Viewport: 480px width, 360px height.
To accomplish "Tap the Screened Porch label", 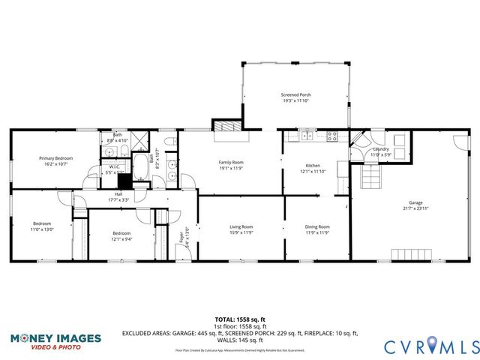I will (x=295, y=95).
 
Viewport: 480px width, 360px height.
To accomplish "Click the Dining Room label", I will (x=317, y=226).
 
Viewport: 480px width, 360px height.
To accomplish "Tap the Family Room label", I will (x=231, y=163).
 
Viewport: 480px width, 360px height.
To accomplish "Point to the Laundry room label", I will (x=381, y=149).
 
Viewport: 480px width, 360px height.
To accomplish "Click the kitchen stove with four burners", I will (x=332, y=136).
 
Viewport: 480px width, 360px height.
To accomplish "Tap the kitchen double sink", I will (x=306, y=136).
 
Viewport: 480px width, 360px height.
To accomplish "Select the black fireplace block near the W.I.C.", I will (x=124, y=181).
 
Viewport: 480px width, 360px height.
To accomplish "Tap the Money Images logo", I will (x=55, y=341).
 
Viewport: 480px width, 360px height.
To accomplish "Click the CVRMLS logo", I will (x=430, y=346).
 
